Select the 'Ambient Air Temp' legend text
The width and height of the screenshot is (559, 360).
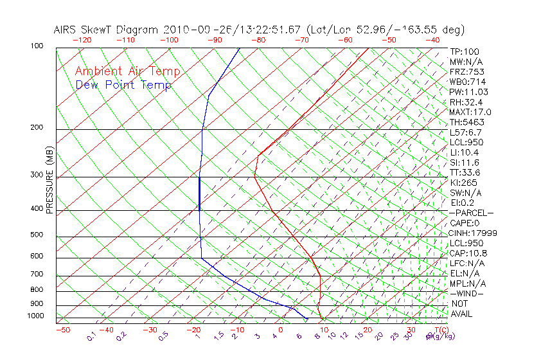click(x=127, y=71)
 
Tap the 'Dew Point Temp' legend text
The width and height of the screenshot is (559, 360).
click(x=123, y=85)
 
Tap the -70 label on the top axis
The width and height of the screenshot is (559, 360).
click(x=301, y=40)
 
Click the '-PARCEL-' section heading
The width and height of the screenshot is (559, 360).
click(x=471, y=213)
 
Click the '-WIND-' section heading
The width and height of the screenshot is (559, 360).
click(x=467, y=294)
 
